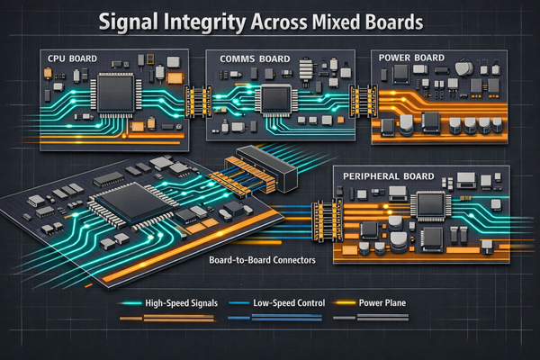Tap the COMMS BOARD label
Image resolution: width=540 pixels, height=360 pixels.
[x=255, y=58]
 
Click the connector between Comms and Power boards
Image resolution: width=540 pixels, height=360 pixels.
[x=363, y=100]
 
